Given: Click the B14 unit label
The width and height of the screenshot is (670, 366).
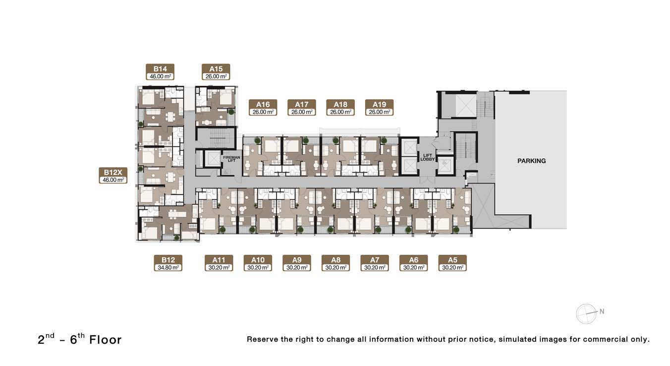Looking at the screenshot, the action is click(x=160, y=72).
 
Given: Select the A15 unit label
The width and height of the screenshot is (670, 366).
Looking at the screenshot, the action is click(x=216, y=72).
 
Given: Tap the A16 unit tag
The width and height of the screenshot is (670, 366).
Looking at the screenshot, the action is click(x=263, y=108).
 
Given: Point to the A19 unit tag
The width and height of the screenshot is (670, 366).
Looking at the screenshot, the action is click(x=379, y=108).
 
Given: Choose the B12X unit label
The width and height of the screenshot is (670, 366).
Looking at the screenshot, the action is click(x=113, y=176).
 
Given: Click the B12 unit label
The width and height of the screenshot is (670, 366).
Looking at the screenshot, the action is click(x=168, y=263).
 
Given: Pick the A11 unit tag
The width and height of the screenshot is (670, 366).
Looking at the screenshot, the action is click(x=219, y=263).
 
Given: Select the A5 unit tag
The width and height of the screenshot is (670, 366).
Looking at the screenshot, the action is click(x=452, y=263).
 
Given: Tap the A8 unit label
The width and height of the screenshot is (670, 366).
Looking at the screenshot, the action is click(x=335, y=263).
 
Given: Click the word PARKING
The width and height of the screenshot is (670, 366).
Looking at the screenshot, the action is click(x=532, y=161).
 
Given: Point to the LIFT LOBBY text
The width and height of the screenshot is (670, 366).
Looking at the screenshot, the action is click(x=428, y=157).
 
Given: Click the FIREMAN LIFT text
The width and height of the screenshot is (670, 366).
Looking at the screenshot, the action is click(x=231, y=159).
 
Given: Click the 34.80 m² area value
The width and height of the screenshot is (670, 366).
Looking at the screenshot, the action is click(x=168, y=267).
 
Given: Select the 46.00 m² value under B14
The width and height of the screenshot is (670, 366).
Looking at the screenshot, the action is click(x=161, y=76).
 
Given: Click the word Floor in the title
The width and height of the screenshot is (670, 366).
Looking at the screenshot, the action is click(x=106, y=340).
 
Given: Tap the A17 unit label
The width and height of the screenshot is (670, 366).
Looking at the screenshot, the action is click(x=301, y=108).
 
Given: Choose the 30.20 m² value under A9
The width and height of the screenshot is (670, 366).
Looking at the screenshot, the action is click(x=297, y=267).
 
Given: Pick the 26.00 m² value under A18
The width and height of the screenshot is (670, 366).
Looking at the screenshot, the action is click(x=340, y=112).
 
